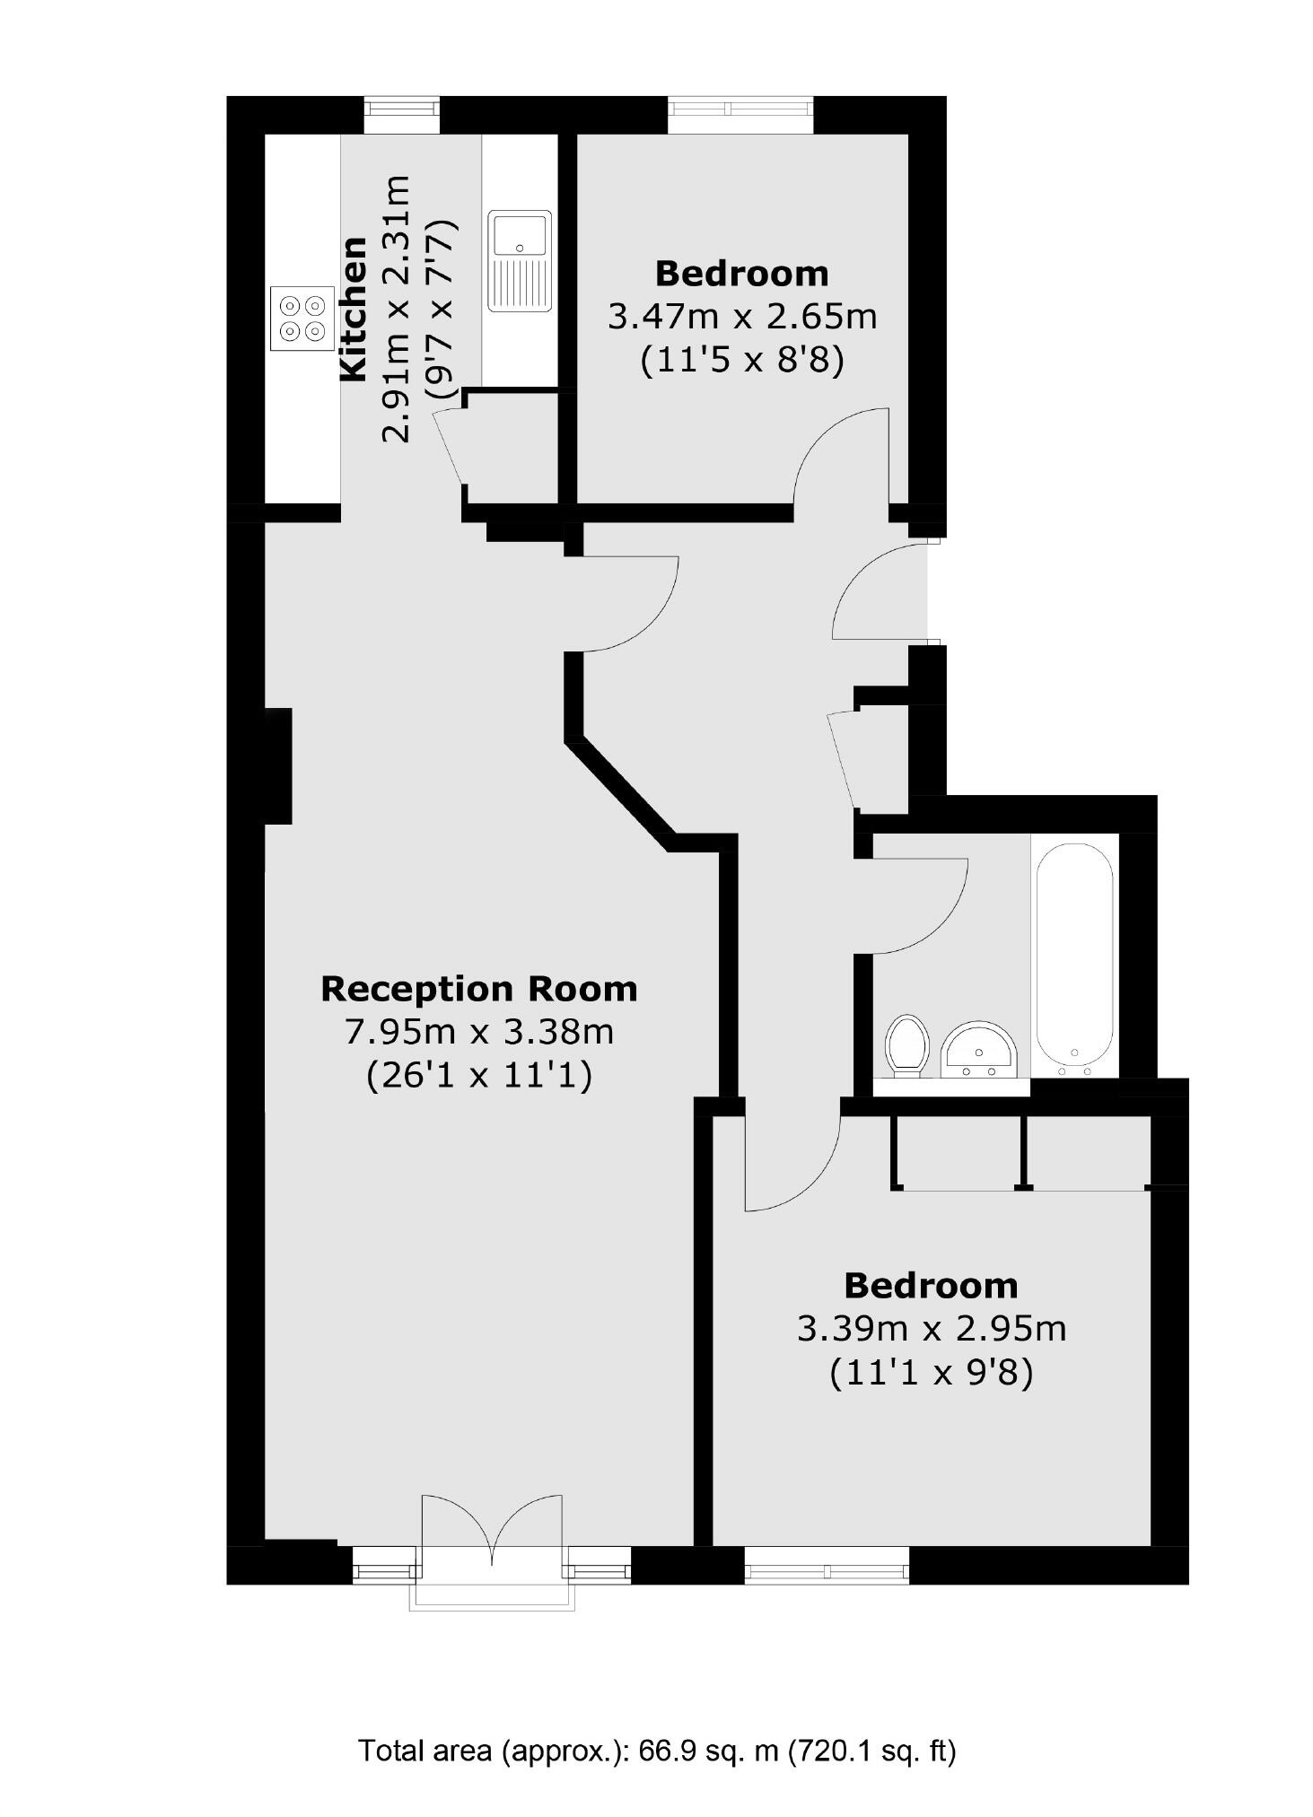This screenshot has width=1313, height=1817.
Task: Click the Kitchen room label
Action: point(354,309)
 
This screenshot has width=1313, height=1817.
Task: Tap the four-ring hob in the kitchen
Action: point(302,319)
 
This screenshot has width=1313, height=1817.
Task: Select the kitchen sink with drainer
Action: point(520,261)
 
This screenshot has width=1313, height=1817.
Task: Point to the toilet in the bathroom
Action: point(906,1044)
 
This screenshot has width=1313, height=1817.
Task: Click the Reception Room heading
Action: point(479,989)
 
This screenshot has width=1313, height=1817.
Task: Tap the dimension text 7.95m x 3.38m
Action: point(479,1032)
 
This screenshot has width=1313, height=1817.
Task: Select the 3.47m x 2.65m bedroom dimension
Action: point(742,317)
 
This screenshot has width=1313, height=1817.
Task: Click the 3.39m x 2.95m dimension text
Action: point(932,1329)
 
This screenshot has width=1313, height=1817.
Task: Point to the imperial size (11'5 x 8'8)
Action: point(742,360)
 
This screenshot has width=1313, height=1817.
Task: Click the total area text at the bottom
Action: point(657,1750)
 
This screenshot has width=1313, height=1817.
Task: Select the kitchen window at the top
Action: point(402,116)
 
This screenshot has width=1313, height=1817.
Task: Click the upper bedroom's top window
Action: point(740,116)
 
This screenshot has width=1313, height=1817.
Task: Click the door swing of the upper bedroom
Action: point(840,458)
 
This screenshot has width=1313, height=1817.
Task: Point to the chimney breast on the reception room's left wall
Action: point(278,765)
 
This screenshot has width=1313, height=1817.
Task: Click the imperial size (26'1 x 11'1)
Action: point(479,1075)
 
